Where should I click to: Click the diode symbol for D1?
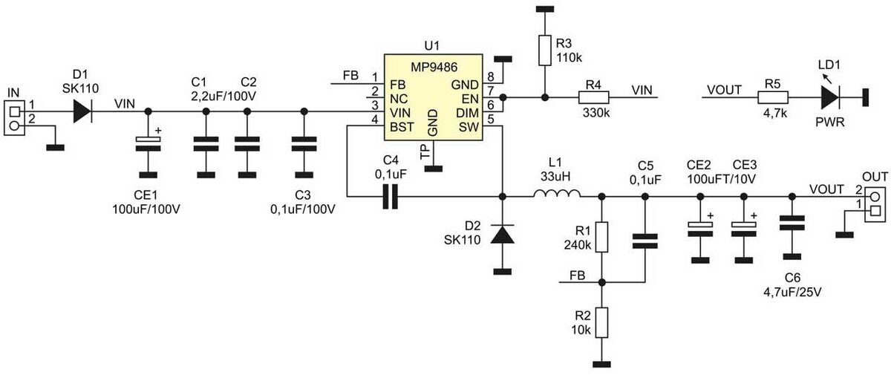point(82,111)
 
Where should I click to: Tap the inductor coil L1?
point(557,193)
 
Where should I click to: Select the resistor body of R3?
point(545,50)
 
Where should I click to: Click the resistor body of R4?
point(593,97)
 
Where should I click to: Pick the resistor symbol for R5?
point(772,97)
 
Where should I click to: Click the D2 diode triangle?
point(503,234)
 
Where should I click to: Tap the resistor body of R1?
point(602,237)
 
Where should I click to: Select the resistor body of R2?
point(602,322)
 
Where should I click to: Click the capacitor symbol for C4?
point(390,196)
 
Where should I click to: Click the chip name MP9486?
point(434,67)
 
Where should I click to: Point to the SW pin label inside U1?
point(469,127)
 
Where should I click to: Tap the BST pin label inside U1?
point(402,127)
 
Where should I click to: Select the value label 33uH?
point(555,176)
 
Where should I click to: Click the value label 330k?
point(596,113)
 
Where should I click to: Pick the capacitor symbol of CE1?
point(148,143)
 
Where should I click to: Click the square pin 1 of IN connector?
point(14,111)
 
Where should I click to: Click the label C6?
point(792,278)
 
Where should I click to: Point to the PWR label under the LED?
point(830,122)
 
